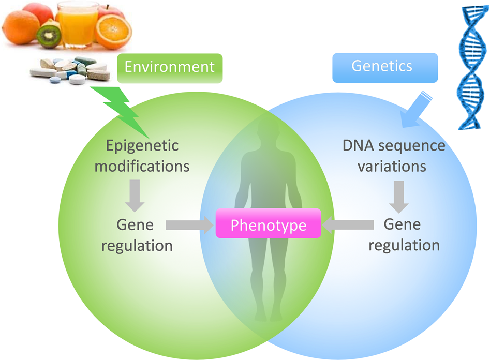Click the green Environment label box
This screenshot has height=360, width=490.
[169, 67]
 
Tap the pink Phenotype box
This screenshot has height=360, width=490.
[268, 226]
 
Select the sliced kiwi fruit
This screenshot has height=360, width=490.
[48, 35]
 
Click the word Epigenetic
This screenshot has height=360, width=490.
[142, 145]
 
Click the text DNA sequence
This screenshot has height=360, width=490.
[394, 145]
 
